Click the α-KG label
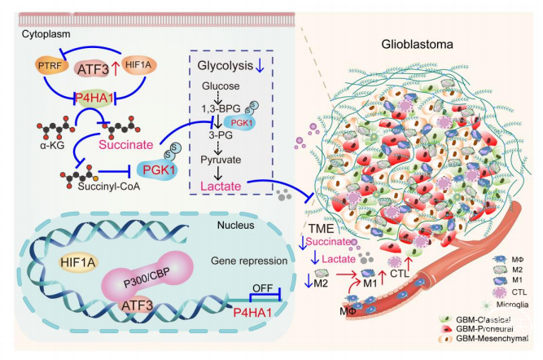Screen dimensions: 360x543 (x=51, y=143)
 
